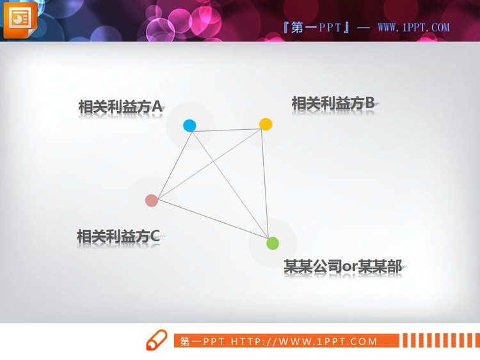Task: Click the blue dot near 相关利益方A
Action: pos(189,125)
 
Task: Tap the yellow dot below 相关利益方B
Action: pos(266,124)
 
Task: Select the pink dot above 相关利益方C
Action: pos(152,200)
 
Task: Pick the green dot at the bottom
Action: pos(273,243)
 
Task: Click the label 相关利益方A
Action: pos(120,107)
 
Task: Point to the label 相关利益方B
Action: pos(333,103)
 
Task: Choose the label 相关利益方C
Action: pos(118,237)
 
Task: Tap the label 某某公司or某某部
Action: pos(343,267)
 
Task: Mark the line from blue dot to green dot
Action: pos(230,184)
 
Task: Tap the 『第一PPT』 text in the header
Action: pos(316,27)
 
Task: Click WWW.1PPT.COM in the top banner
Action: pos(413,27)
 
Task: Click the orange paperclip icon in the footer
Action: pos(156,340)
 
